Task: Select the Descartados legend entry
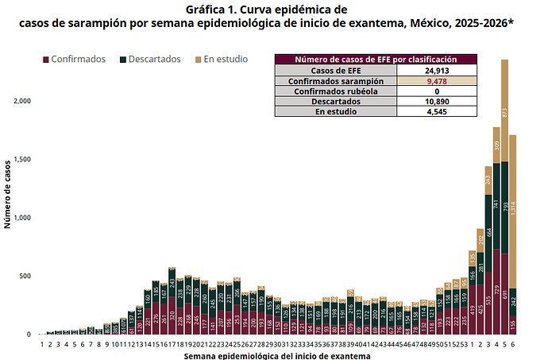tap(154, 60)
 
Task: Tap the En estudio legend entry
tap(225, 60)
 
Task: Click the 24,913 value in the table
tap(436, 71)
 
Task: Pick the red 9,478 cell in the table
tap(436, 81)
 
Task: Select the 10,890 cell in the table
tap(436, 102)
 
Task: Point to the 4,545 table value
tap(436, 112)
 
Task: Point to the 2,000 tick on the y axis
tap(21, 101)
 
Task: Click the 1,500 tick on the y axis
tap(21, 160)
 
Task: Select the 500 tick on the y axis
tap(25, 276)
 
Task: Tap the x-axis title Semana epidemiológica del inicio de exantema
tap(276, 355)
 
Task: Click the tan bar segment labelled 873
tap(504, 112)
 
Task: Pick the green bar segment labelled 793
tap(504, 208)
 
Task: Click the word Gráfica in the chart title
tap(207, 10)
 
